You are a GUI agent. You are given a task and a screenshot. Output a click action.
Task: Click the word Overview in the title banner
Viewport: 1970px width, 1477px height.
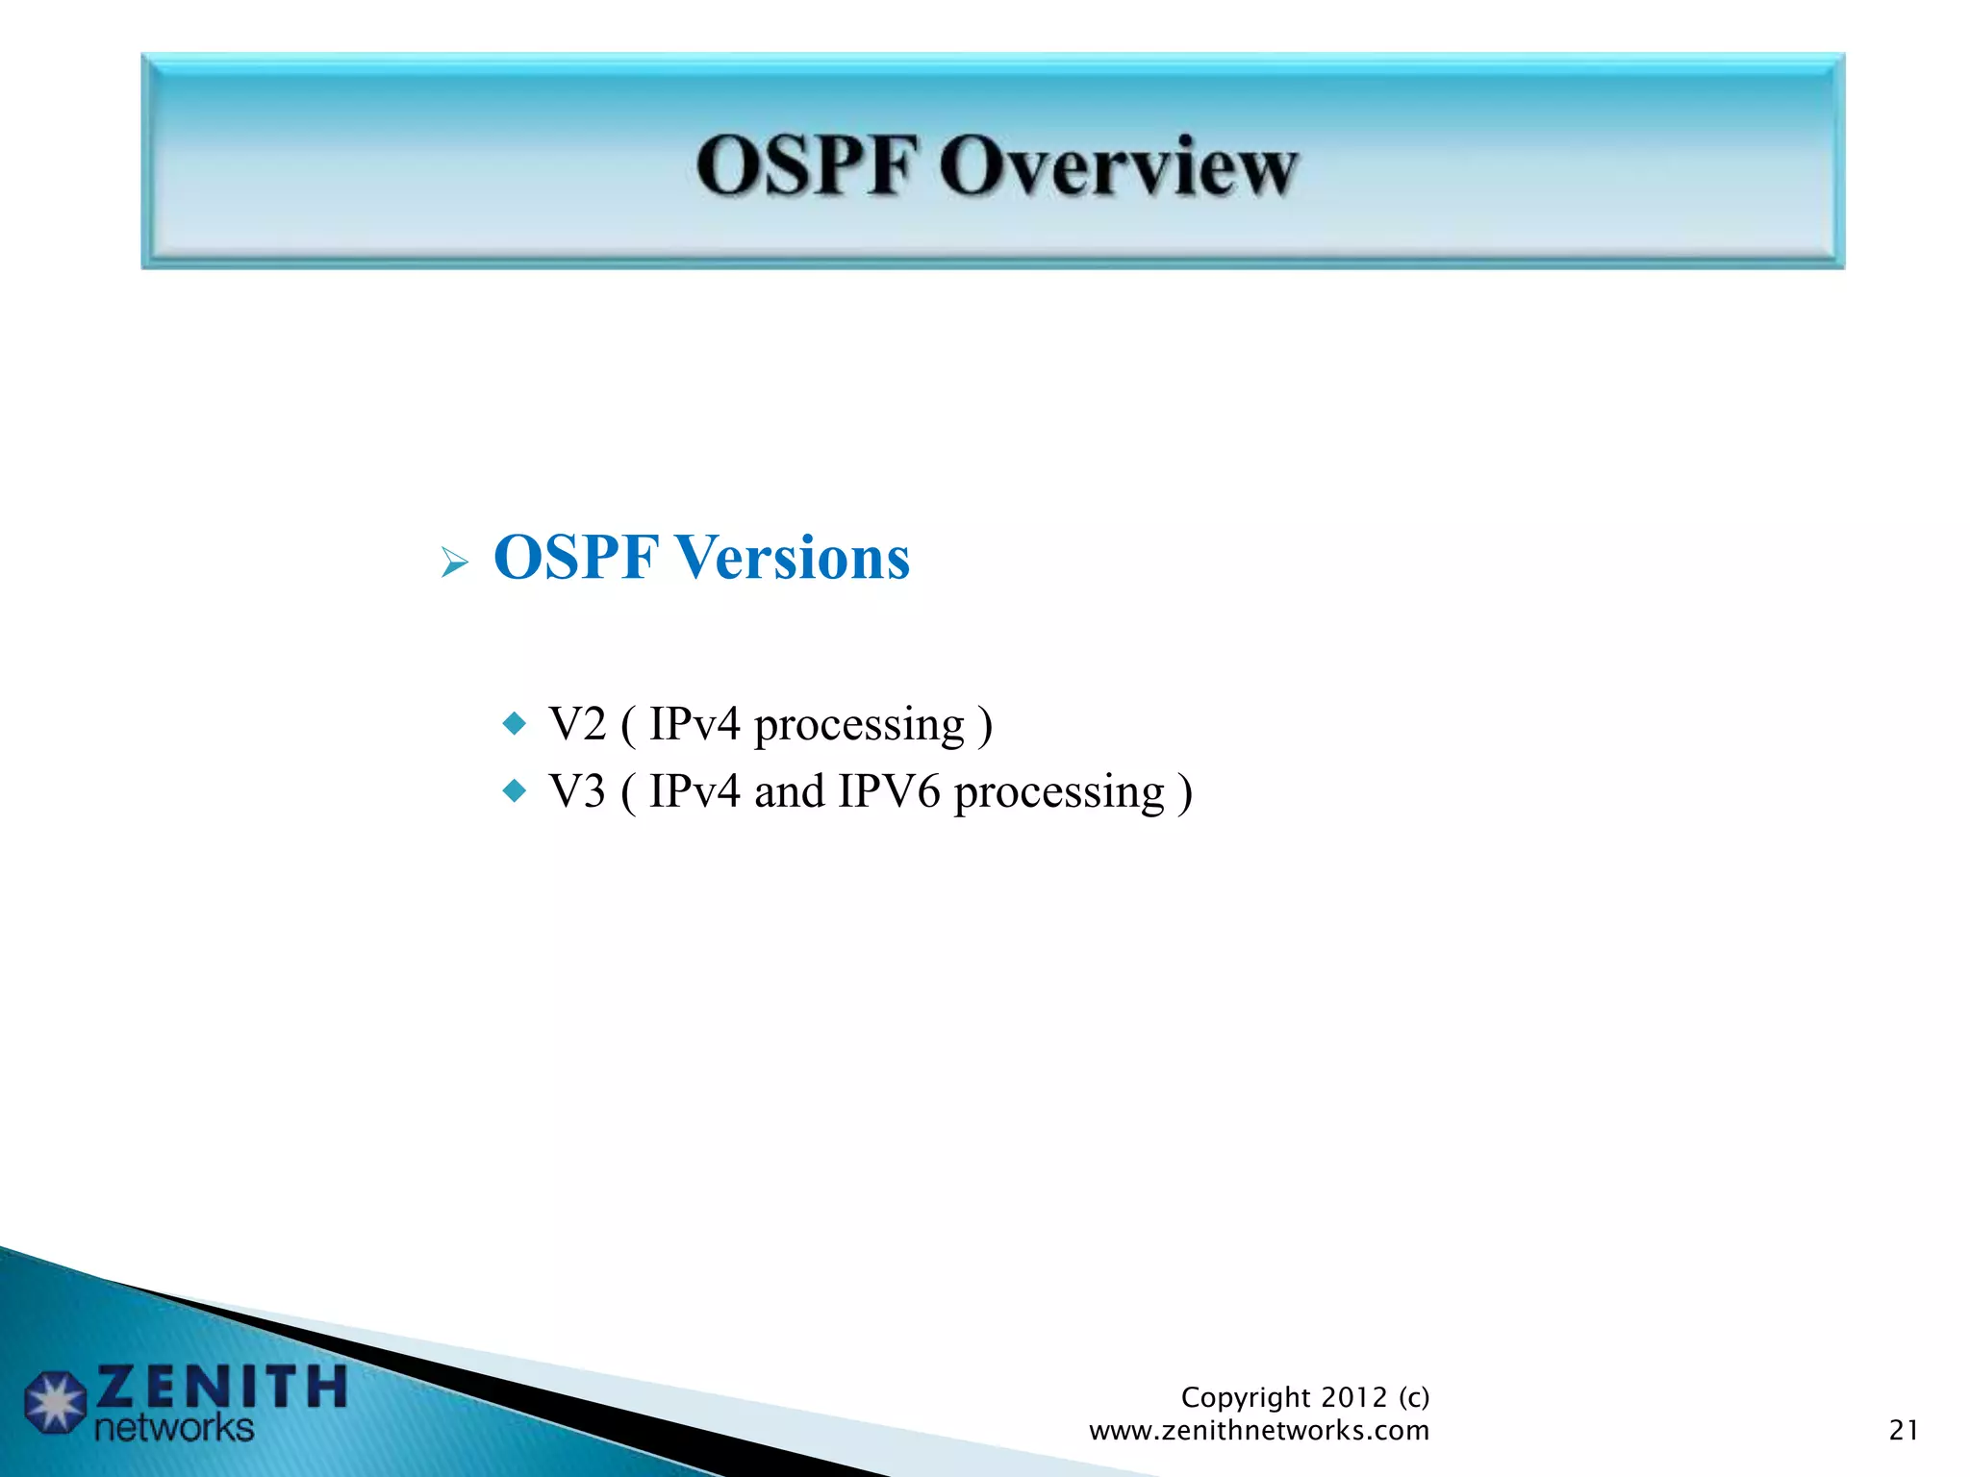pos(1119,167)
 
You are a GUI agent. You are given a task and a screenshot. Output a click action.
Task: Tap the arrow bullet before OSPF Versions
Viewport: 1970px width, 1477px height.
pos(454,562)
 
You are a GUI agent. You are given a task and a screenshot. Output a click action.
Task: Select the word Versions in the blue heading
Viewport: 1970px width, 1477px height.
pos(792,558)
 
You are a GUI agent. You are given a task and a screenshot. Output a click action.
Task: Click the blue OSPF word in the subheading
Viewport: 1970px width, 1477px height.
pos(576,558)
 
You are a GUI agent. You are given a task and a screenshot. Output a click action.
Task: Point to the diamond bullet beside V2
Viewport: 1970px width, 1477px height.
pos(516,722)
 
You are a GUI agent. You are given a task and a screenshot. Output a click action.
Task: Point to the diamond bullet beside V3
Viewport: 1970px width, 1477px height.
pos(516,791)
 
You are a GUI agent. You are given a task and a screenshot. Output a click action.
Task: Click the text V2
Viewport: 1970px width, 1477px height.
pos(577,724)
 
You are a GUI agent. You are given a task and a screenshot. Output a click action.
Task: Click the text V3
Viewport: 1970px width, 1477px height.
pos(577,792)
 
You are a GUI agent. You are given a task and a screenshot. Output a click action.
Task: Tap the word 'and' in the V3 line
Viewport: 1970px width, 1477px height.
pos(789,792)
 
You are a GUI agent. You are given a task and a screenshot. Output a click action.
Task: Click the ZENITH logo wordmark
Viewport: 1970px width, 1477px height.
pos(221,1388)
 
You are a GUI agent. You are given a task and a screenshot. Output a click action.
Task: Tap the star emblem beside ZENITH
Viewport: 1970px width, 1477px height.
pos(55,1403)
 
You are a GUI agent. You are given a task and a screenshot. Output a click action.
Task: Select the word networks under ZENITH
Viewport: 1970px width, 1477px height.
pos(174,1428)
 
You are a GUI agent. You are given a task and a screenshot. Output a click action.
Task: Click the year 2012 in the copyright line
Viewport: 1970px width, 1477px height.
pos(1354,1397)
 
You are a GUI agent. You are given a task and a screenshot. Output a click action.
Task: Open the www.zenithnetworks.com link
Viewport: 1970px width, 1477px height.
pos(1258,1431)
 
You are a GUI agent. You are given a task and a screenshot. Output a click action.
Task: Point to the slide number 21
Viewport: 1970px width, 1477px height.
pos(1904,1431)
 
